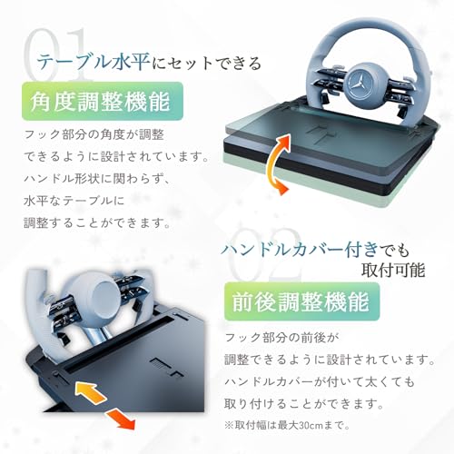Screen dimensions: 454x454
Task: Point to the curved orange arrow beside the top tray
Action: coord(275,163)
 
